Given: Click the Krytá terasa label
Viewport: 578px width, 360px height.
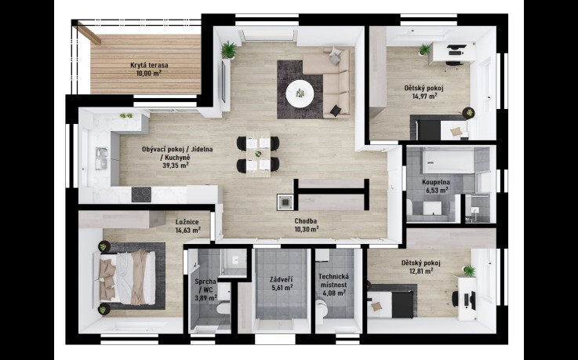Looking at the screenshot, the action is tap(149, 65).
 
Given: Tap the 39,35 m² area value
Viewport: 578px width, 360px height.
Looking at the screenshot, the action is tap(176, 165).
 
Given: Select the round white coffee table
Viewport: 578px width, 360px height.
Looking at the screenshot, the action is tap(300, 93).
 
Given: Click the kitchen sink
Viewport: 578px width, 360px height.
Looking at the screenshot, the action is tap(101, 158).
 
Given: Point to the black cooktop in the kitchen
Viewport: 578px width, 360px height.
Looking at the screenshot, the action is tap(141, 195).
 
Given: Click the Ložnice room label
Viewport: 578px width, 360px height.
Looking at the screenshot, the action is tap(187, 222).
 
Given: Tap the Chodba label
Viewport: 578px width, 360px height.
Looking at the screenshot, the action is tap(306, 221).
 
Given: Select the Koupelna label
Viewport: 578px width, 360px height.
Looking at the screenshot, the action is tap(436, 182).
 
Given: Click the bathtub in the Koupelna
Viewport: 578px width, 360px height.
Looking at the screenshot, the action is tap(448, 161).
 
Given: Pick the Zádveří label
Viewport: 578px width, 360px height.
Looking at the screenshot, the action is tap(282, 279).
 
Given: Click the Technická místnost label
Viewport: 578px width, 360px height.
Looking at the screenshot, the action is tap(333, 281).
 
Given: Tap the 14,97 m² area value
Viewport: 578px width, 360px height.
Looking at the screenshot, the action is tap(424, 96).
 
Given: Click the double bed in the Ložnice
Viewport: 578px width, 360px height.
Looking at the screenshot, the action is tap(127, 278).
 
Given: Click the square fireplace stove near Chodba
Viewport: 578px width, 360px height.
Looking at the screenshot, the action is tap(285, 202).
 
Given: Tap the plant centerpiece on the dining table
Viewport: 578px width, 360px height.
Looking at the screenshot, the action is tap(258, 154).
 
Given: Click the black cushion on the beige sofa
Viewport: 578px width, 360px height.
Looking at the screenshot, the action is tap(336, 111).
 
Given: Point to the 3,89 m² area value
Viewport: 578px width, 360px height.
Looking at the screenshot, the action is tap(205, 298).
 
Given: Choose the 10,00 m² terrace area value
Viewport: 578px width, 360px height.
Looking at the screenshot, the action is tap(149, 73).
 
